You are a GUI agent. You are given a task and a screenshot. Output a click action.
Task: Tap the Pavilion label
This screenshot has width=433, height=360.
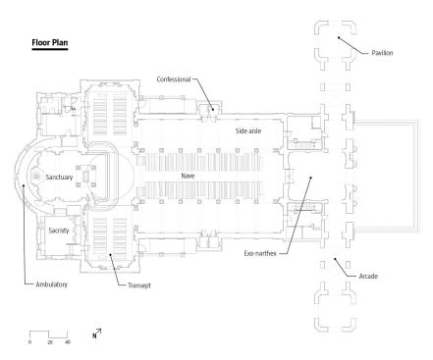coord(384,53)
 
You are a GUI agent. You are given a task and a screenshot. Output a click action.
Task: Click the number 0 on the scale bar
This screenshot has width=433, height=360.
coord(29,342)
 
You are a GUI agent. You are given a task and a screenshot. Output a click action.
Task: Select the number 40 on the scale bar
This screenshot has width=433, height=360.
coord(67,342)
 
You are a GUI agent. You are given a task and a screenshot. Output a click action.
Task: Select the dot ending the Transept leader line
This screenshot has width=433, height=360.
coord(112,256)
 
